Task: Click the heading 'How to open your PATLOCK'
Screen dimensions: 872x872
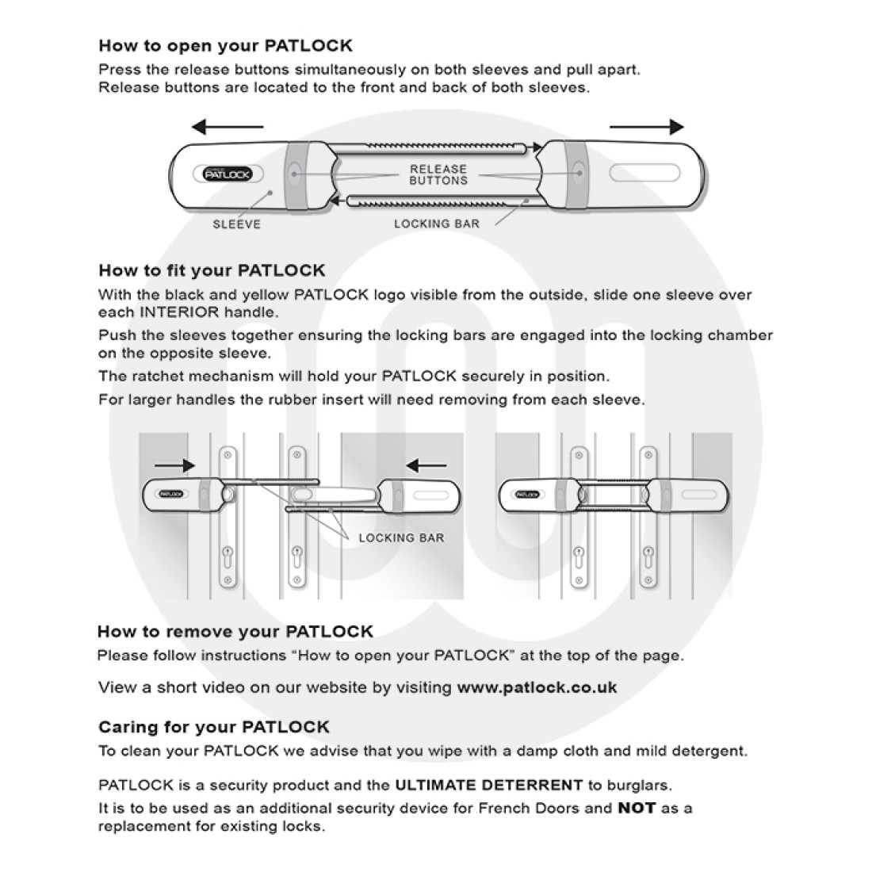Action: pos(225,45)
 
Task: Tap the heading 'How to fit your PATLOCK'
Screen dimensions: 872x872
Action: pos(212,270)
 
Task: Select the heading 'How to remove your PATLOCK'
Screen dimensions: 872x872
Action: pos(235,632)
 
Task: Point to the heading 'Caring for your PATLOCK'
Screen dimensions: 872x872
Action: pos(213,727)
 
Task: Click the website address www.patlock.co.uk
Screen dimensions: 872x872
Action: pos(537,687)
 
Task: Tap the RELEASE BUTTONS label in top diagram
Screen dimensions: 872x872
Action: pos(438,174)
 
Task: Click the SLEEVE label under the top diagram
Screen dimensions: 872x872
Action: pos(236,224)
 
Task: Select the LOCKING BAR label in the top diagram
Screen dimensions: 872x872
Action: pos(436,224)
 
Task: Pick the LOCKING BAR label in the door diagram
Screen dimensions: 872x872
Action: pos(401,537)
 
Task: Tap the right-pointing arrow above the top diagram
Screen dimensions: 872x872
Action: pos(646,127)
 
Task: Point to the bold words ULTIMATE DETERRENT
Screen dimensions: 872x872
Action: pos(488,786)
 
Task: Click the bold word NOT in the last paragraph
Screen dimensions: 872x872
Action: pos(637,809)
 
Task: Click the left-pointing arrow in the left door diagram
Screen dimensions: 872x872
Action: pos(425,465)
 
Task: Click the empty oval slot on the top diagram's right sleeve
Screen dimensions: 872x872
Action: pos(644,173)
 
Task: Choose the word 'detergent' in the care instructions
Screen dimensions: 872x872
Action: pos(709,751)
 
